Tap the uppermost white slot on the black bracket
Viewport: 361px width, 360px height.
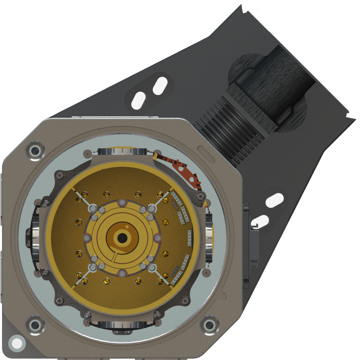click(160, 85)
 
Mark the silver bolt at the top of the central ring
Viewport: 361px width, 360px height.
click(122, 203)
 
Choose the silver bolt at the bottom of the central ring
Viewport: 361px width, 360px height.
click(122, 272)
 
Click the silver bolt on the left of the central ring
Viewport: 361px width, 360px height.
click(87, 237)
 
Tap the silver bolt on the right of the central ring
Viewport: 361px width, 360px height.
click(157, 237)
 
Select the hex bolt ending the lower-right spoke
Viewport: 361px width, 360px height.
click(152, 267)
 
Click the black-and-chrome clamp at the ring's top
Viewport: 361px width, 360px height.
click(122, 152)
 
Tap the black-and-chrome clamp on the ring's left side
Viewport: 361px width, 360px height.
click(35, 237)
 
